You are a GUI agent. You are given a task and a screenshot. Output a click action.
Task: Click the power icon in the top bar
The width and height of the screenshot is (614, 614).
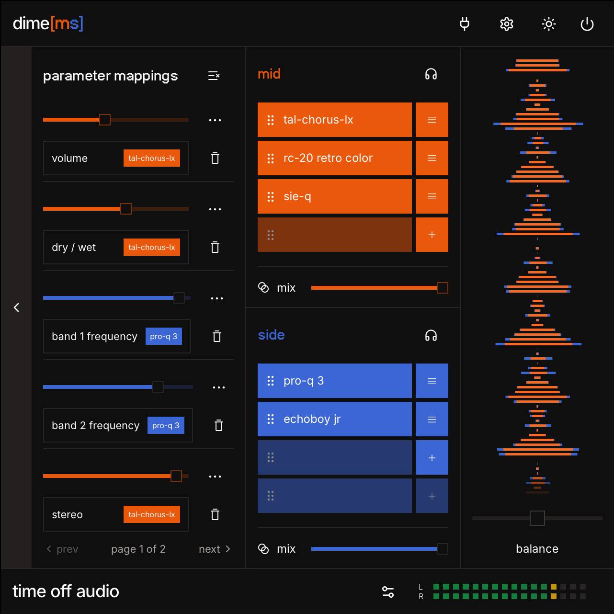587,24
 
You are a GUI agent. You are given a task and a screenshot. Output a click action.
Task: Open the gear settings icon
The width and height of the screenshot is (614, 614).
506,24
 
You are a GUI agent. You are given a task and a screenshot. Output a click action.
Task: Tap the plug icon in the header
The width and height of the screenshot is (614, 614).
464,24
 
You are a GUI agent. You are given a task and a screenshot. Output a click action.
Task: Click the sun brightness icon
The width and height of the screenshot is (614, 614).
548,24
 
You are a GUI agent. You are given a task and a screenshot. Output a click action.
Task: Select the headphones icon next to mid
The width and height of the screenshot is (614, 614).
431,74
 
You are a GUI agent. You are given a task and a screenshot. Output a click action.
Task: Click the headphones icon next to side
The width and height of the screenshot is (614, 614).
431,335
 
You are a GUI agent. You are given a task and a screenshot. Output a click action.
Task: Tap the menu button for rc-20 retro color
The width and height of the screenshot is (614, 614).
432,158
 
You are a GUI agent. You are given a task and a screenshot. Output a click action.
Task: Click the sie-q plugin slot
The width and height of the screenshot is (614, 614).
334,196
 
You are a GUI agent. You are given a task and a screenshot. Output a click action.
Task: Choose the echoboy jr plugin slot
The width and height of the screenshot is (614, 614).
334,419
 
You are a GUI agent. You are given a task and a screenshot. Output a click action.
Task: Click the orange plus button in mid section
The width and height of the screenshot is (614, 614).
432,235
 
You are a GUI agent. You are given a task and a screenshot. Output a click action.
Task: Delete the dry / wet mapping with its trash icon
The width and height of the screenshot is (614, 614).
215,247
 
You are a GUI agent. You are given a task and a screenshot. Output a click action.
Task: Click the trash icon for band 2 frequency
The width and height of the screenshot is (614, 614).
219,425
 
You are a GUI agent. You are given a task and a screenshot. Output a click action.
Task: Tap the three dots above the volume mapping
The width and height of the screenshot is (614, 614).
215,120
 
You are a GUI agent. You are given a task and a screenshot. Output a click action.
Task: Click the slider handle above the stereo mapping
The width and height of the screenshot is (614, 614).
176,476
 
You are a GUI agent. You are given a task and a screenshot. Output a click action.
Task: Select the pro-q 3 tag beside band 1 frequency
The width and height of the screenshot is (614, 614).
164,336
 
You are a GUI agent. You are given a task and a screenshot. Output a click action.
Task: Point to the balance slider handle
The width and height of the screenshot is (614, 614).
537,518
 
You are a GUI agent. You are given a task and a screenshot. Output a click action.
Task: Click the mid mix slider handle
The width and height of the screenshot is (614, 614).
442,288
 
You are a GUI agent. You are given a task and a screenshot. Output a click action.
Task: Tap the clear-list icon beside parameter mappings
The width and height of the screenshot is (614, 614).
214,76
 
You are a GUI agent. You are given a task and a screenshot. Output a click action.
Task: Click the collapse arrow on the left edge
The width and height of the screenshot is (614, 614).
16,307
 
